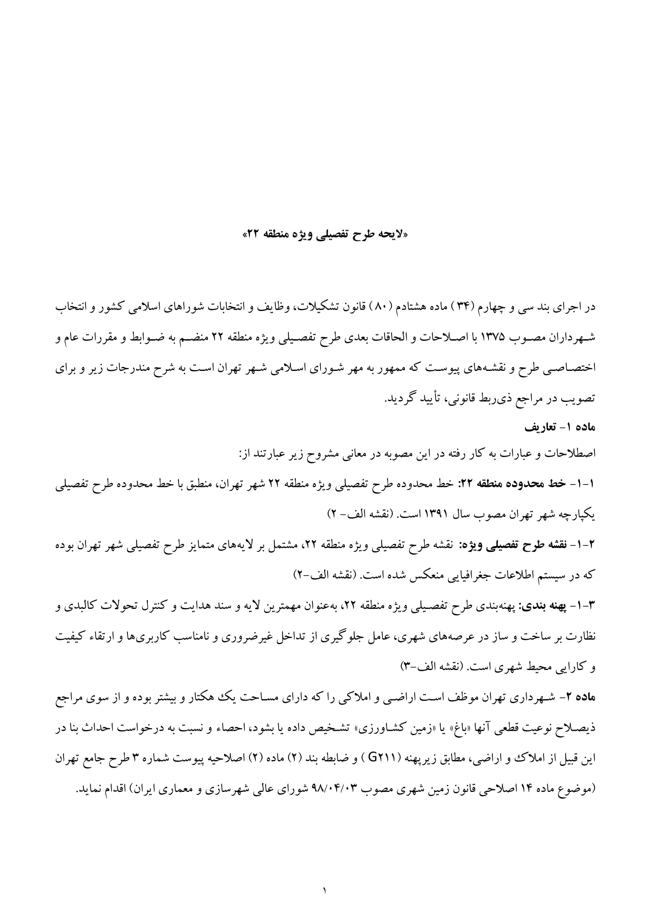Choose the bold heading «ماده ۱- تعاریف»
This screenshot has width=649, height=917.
click(560, 428)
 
